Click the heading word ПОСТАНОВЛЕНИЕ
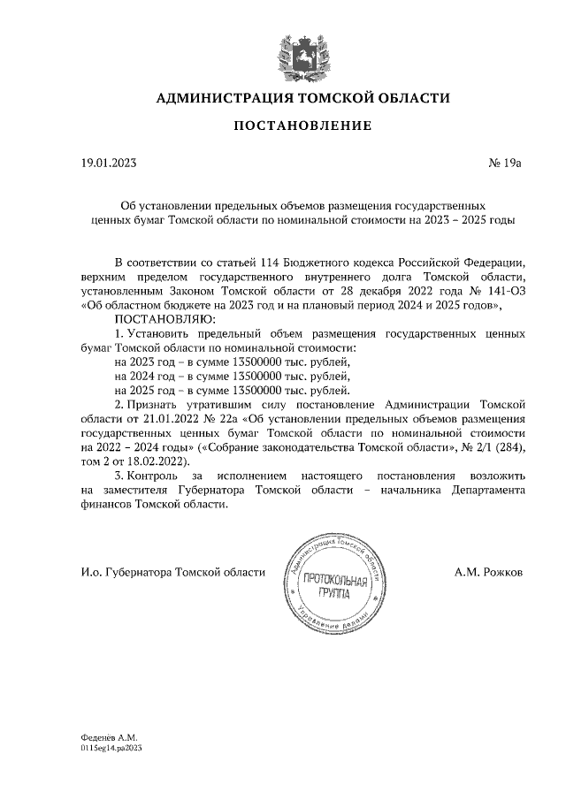coord(302,126)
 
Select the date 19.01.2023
coord(109,163)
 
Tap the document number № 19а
coord(505,163)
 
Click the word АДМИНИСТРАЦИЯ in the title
coord(226,98)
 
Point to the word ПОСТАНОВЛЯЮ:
coord(159,319)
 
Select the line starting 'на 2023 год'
coord(233,362)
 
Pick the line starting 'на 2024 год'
coord(233,377)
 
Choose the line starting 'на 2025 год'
coord(233,391)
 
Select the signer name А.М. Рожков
coord(488,572)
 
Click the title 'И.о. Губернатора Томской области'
coord(172,572)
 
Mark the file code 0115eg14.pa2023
coord(111,747)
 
